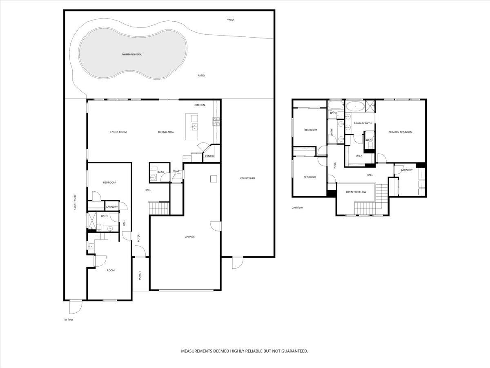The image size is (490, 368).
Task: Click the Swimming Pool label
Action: tap(131, 54)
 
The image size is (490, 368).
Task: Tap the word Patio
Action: tap(201, 76)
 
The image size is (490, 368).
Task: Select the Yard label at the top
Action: tap(230, 20)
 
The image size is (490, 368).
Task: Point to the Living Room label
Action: tap(118, 132)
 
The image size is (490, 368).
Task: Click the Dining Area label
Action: tap(166, 132)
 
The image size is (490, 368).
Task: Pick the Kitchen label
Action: tap(200, 105)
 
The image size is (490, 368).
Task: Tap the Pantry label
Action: tap(210, 156)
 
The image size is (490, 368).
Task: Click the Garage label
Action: tap(189, 237)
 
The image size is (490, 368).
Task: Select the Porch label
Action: tap(140, 276)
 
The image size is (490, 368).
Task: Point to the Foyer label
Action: tap(139, 238)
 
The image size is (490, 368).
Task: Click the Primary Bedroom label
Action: tap(400, 132)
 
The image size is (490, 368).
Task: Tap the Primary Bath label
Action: tap(363, 123)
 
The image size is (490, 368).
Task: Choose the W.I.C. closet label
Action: tap(359, 156)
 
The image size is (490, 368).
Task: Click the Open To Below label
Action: tap(356, 192)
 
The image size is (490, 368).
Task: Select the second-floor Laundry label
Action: tap(407, 170)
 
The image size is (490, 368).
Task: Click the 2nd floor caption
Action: tap(297, 208)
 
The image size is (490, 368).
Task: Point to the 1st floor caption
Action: tap(68, 319)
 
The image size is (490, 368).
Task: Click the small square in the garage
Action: tap(213, 178)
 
